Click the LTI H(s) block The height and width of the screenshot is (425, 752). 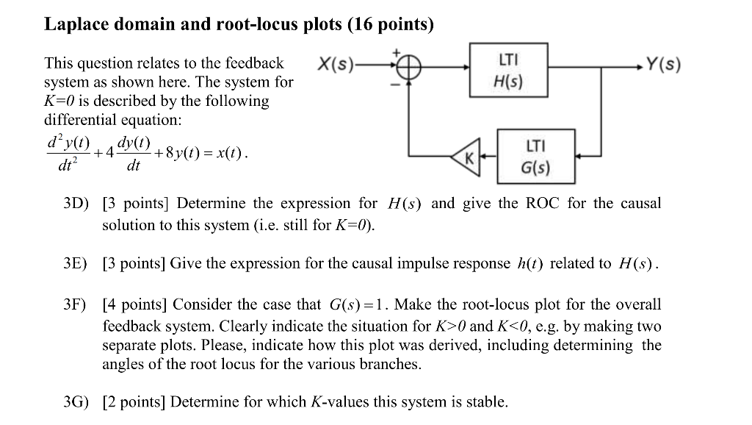[508, 70]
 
